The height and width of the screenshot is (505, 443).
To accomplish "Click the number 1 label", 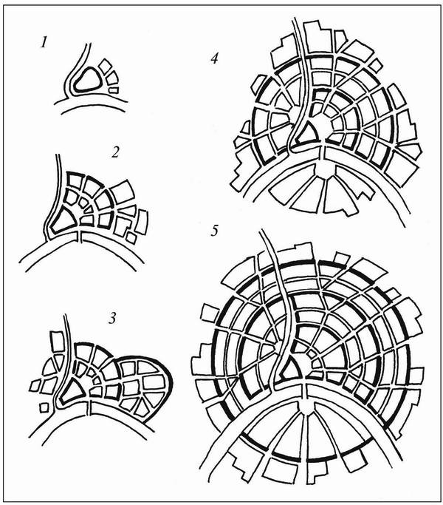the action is point(44,42).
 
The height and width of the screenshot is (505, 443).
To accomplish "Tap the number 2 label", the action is point(115,152).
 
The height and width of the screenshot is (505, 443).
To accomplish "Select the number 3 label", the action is point(112,319).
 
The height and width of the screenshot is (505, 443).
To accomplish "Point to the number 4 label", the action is point(215,58).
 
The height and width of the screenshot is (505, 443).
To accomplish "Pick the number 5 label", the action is point(215,231).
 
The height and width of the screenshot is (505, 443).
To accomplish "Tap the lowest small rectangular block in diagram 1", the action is point(114,90).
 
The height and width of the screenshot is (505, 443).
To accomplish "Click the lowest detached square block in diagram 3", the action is point(44,407).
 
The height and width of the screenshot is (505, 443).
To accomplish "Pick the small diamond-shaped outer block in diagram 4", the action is point(374,65).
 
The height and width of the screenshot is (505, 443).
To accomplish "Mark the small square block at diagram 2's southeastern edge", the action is point(131,237).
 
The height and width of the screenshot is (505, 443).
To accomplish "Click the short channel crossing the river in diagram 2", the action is point(80,237).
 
